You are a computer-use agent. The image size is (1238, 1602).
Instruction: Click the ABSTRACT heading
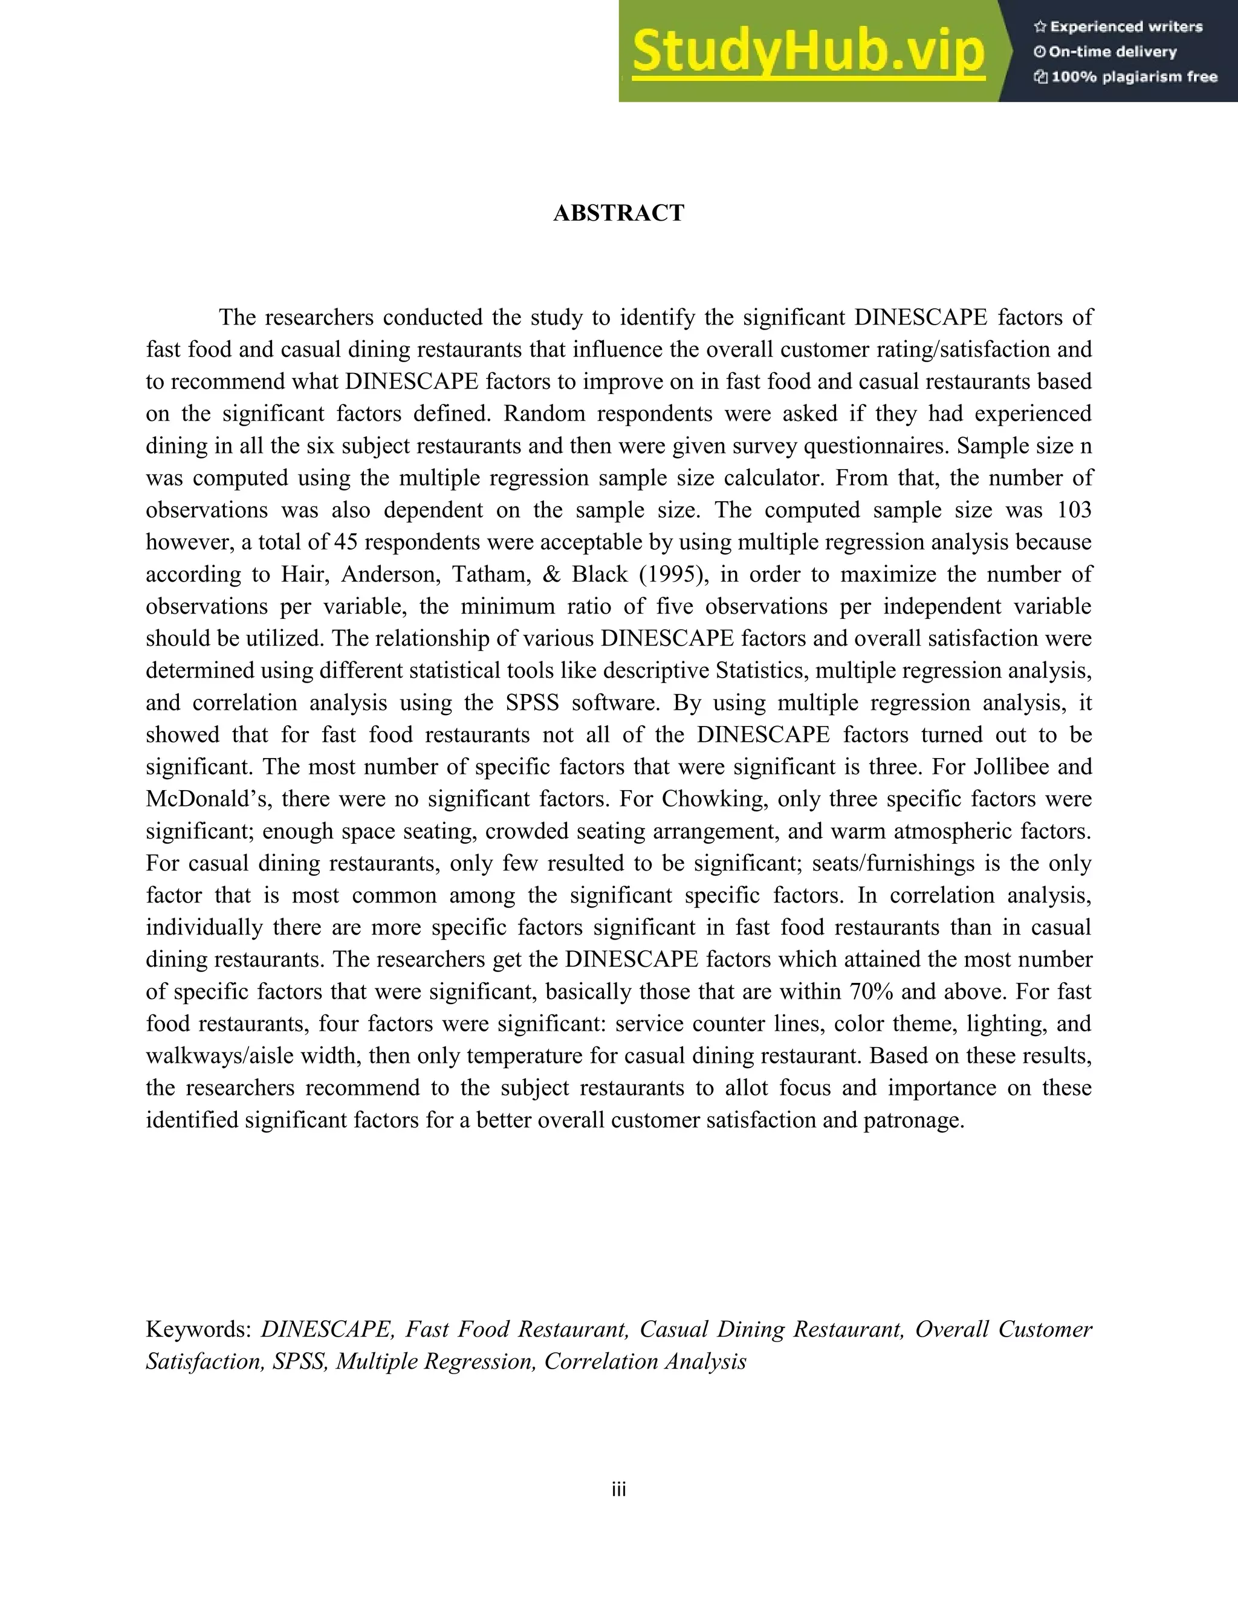tap(618, 213)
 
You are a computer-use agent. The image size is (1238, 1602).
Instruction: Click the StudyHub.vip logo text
tap(808, 52)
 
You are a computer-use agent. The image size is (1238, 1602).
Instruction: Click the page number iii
tap(618, 1490)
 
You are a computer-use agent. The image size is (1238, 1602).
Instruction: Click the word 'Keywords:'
tap(199, 1329)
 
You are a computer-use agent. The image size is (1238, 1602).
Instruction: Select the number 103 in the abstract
tap(1074, 510)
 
